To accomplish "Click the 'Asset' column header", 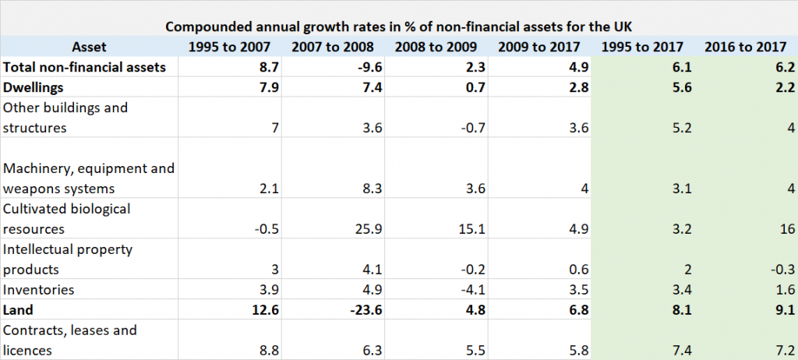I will tap(89, 47).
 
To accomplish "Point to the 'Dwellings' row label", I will tap(35, 88).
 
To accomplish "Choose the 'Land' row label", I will tap(19, 310).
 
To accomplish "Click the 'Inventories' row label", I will tap(39, 290).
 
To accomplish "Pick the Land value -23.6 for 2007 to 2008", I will tap(365, 310).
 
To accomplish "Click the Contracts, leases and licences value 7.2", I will tap(782, 351).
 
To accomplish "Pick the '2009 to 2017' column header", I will tap(541, 47).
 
